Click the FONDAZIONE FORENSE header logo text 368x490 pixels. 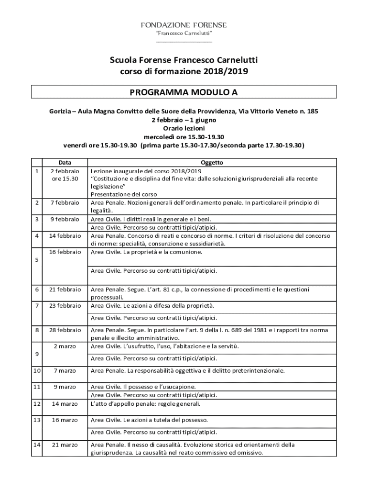184,25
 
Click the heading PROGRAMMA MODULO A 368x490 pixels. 184,92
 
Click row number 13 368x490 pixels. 36,420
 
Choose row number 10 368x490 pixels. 36,370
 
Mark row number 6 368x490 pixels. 36,290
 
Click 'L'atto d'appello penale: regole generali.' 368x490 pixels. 146,403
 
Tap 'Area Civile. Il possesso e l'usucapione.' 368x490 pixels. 143,387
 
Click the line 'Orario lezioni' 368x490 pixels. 184,128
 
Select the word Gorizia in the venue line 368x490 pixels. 59,111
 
